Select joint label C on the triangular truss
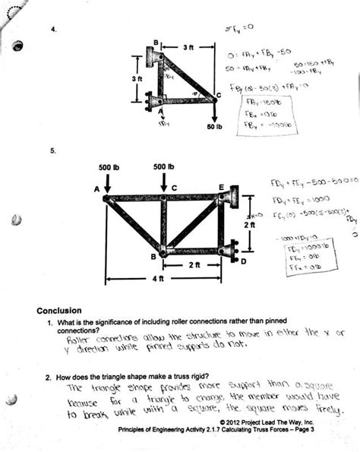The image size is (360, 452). point(218,94)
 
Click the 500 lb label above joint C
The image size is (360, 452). point(163,166)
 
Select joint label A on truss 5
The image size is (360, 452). point(97,189)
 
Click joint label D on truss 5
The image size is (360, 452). point(243,261)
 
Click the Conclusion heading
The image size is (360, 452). point(58,310)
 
